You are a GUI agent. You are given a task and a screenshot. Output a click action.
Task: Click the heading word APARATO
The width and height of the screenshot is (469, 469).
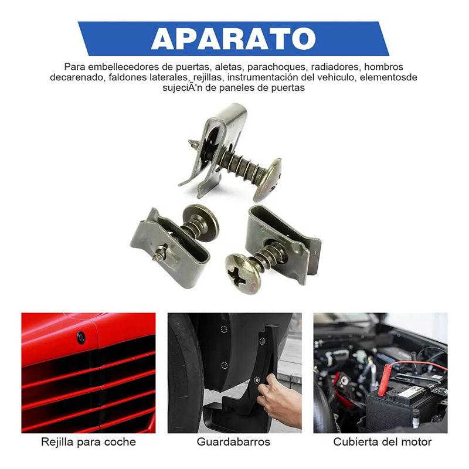pos(233,39)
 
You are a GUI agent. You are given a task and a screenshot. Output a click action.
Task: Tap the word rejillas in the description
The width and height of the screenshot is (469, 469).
pos(208,77)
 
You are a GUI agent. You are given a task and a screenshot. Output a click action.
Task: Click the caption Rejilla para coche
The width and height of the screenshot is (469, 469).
pos(89,442)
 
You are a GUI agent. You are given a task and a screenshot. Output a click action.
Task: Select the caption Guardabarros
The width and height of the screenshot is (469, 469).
pos(233,442)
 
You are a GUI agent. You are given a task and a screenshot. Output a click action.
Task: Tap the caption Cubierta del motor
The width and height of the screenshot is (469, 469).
pos(383,442)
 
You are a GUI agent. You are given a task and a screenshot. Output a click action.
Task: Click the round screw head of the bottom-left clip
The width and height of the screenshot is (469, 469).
pos(200,218)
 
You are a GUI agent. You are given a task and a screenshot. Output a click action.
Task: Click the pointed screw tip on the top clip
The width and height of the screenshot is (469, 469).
pos(191,142)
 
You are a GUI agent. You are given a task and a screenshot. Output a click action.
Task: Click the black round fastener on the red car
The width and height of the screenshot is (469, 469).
pos(81,337)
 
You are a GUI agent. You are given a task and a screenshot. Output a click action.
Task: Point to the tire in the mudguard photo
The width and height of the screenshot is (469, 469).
pos(186,374)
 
